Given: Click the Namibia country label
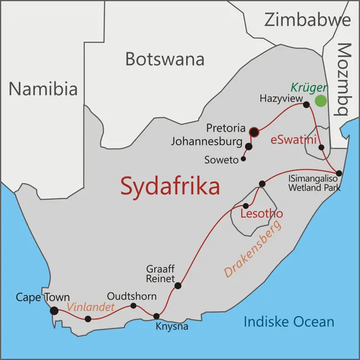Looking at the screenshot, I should [x=43, y=89].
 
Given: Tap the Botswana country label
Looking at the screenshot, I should [x=164, y=59].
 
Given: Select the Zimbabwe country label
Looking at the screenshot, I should [x=307, y=20].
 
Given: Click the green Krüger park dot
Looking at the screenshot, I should [x=321, y=101].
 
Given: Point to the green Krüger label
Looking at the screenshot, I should [x=309, y=88].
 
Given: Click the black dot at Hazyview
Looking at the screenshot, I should [x=306, y=104].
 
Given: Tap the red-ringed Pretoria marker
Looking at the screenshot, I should [x=254, y=131].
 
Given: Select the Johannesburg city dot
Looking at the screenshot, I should [x=249, y=147].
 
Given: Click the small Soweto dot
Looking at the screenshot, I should [x=243, y=159].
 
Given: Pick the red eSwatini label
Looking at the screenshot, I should [x=293, y=141].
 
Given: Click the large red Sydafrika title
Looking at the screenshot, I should [x=170, y=186].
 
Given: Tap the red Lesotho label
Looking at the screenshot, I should [x=261, y=214].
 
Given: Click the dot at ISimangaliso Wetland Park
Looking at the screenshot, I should [x=339, y=173].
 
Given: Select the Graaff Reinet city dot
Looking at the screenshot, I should [x=178, y=286].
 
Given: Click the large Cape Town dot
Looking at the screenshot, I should [x=54, y=311].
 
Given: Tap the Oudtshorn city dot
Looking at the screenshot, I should [x=133, y=306].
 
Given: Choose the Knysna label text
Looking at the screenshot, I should [x=172, y=327].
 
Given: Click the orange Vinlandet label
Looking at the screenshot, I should [x=91, y=306].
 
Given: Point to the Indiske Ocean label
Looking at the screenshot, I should [x=289, y=321].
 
